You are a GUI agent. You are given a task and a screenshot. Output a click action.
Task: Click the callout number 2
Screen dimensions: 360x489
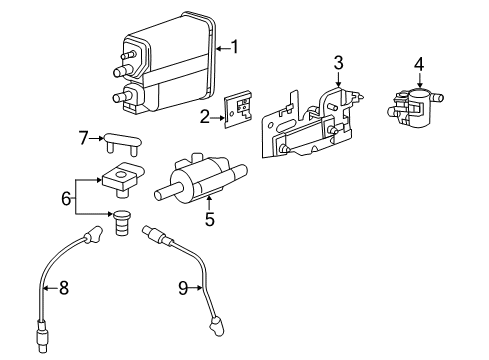point(204,117)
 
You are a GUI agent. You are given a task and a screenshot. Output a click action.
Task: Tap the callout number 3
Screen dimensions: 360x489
point(339,63)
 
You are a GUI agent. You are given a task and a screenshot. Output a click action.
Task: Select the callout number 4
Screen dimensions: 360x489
point(419,65)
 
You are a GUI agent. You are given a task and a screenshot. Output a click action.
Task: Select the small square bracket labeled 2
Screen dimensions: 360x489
point(237,116)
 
